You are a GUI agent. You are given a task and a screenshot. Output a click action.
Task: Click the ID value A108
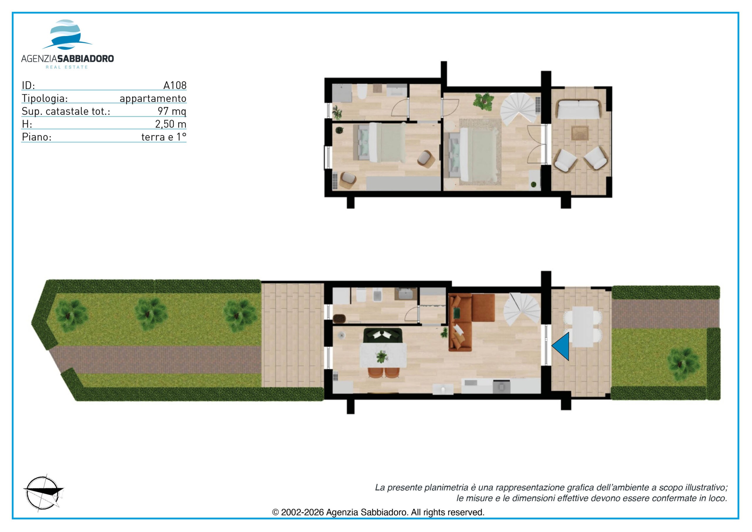(x=175, y=85)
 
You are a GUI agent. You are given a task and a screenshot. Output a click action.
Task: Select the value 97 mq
(x=172, y=111)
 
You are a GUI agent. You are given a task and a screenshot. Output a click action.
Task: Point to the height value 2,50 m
(x=171, y=124)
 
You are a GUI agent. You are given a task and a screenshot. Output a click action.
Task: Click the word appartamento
(x=153, y=98)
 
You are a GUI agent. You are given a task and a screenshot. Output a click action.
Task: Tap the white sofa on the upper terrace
(x=579, y=109)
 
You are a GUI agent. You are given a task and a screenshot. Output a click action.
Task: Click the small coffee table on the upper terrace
(x=580, y=133)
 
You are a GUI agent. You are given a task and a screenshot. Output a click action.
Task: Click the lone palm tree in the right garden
(x=683, y=363)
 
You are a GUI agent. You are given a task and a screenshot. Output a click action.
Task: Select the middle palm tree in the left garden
(x=151, y=314)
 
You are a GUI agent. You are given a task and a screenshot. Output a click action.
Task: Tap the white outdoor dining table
(x=582, y=327)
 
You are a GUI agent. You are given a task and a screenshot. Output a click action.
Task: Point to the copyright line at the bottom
(x=378, y=512)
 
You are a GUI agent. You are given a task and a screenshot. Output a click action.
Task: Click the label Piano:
(x=37, y=137)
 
